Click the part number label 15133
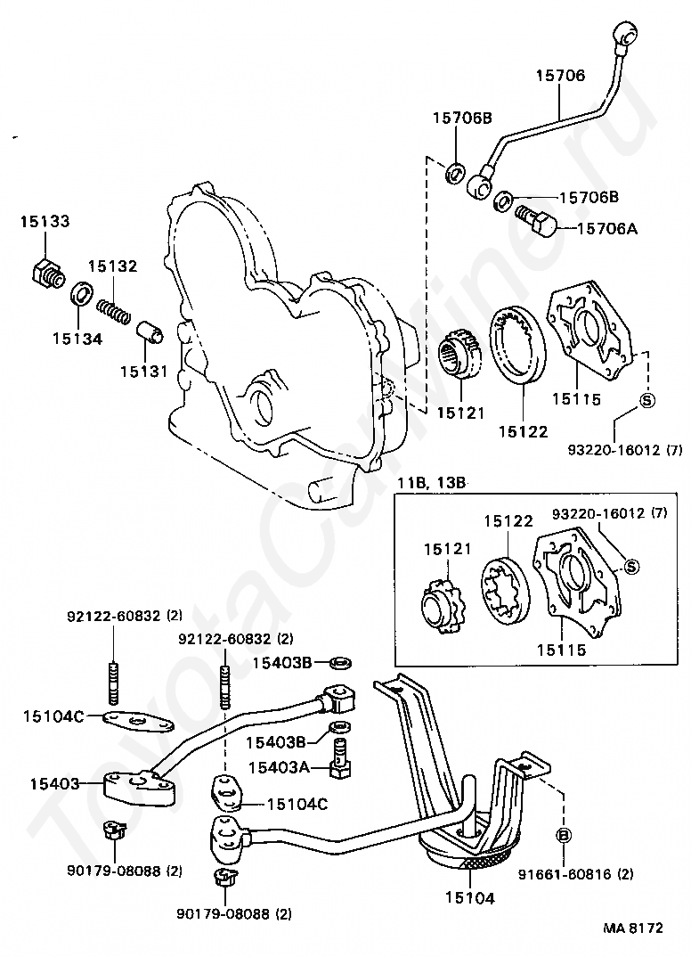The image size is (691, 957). click(45, 221)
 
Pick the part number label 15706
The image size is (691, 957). click(560, 75)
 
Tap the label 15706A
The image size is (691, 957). click(606, 229)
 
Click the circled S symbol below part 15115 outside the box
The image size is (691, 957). click(646, 400)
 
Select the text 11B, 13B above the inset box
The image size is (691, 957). click(432, 483)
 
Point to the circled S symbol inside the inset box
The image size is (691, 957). click(631, 567)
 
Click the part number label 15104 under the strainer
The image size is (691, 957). click(469, 898)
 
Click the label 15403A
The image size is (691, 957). click(279, 767)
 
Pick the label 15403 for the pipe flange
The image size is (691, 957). click(54, 783)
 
